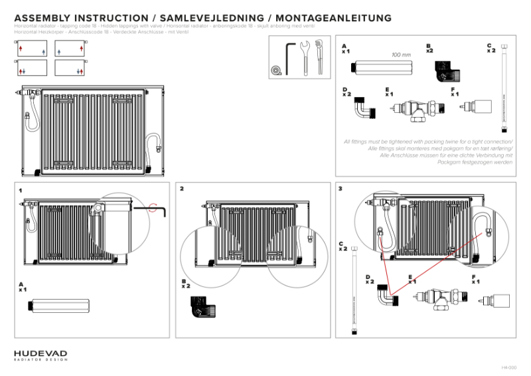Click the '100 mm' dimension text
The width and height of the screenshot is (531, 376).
tap(400, 55)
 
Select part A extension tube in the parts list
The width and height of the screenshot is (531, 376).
tap(383, 68)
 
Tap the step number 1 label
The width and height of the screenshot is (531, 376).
tap(21, 190)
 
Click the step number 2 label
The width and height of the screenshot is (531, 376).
tap(182, 189)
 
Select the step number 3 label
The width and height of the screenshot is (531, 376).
tap(341, 189)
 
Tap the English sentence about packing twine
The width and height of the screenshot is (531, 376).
tap(428, 142)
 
